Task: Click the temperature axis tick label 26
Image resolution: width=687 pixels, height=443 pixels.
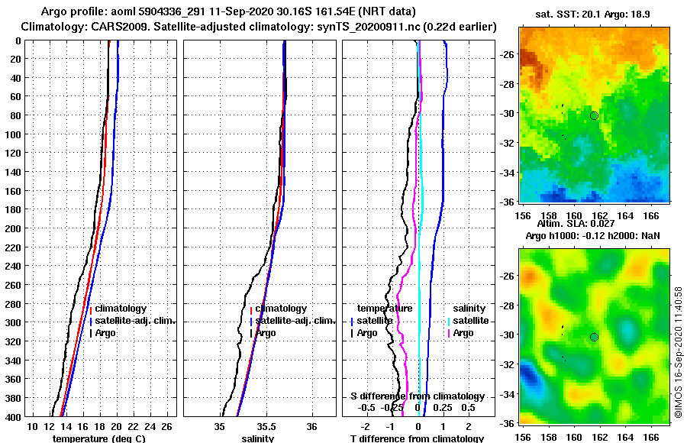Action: pyautogui.click(x=167, y=425)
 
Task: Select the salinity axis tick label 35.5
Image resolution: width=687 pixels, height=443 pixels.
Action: pyautogui.click(x=266, y=425)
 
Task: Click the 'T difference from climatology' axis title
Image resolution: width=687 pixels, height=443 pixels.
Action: pyautogui.click(x=417, y=438)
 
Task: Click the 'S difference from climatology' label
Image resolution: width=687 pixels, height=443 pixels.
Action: pyautogui.click(x=418, y=396)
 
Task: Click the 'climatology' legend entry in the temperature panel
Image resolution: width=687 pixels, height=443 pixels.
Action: pyautogui.click(x=121, y=309)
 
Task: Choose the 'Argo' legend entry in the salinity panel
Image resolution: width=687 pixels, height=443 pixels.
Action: pyautogui.click(x=266, y=333)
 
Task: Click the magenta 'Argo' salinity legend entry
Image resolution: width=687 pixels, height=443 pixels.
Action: pyautogui.click(x=463, y=333)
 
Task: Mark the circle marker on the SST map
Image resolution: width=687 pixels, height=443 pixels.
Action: pyautogui.click(x=594, y=115)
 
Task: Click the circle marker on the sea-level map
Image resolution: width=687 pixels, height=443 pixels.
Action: pyautogui.click(x=594, y=337)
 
